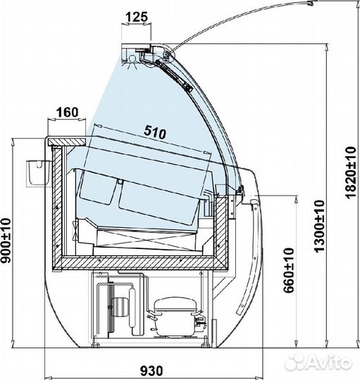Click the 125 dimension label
(x=137, y=17)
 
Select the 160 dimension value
(x=68, y=113)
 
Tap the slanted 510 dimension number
(x=155, y=132)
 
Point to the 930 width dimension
(x=151, y=371)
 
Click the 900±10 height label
(x=6, y=241)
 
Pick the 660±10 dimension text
(x=289, y=270)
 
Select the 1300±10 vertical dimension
(x=319, y=226)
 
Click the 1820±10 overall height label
(x=350, y=172)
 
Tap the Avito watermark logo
(x=318, y=363)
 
